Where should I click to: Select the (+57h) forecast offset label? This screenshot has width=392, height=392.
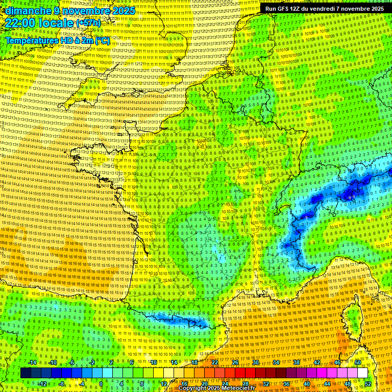(88, 23)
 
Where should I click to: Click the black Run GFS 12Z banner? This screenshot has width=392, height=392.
(324, 9)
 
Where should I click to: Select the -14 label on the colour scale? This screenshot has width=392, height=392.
(32, 362)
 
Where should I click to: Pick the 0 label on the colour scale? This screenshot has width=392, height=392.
(101, 383)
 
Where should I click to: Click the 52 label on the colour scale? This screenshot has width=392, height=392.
(368, 383)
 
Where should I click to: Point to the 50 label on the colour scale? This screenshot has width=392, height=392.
(358, 362)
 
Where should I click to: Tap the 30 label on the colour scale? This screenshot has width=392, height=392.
(255, 362)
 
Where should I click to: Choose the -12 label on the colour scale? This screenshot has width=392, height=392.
(42, 383)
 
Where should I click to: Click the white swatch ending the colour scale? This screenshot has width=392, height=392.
(362, 373)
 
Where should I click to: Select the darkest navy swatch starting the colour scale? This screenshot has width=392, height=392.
(26, 373)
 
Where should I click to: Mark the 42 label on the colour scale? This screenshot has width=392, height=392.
(317, 362)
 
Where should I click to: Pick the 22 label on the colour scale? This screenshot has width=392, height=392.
(215, 362)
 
